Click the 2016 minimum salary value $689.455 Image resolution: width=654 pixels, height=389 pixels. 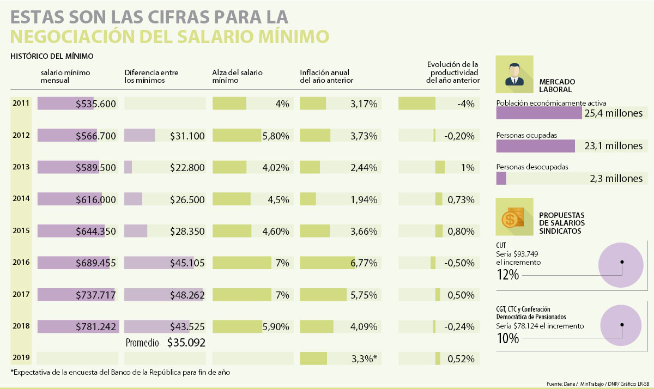tap(96, 263)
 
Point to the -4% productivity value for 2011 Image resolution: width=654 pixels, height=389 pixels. tap(466, 104)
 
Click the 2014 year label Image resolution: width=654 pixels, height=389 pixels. tap(21, 199)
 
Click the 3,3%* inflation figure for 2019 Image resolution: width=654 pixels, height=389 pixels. tap(364, 359)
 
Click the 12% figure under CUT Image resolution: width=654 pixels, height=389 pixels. tap(507, 275)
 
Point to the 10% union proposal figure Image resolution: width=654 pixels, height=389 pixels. tap(507, 338)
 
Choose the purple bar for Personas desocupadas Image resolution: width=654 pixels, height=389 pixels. tap(501, 178)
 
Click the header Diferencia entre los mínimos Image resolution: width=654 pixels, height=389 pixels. tap(151, 76)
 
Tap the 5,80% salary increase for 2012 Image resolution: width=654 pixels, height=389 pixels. tap(275, 136)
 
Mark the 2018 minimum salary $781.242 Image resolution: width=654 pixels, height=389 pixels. tap(96, 327)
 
